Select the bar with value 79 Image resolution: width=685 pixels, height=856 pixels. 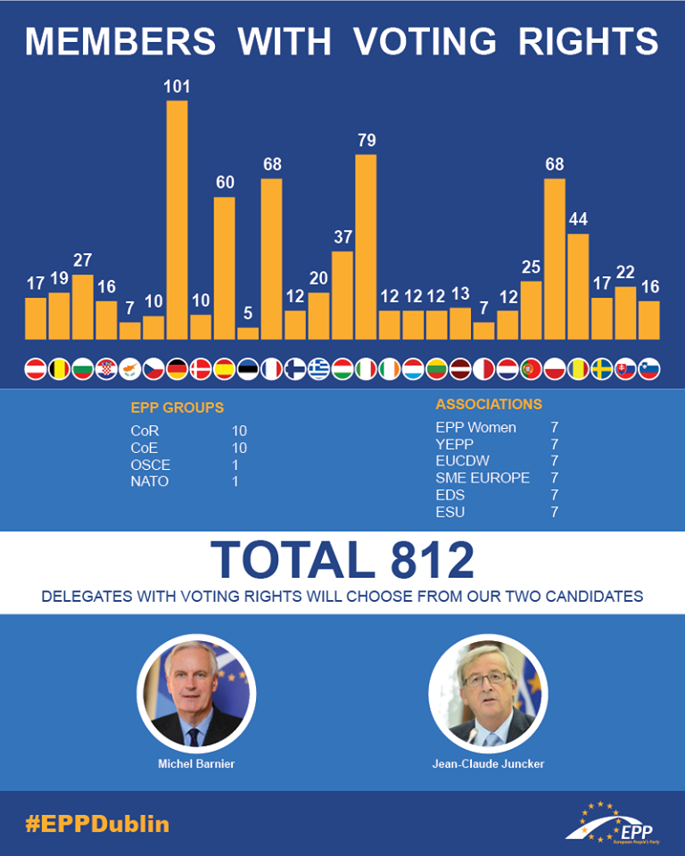366,247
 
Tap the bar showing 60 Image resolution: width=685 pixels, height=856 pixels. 225,267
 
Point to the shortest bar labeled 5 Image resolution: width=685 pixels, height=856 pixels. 248,333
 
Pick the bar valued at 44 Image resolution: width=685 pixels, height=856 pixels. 578,286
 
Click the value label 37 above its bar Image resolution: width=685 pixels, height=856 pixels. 342,237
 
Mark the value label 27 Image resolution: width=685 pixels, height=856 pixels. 83,260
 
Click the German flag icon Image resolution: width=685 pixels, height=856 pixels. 177,368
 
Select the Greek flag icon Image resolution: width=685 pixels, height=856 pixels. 318,368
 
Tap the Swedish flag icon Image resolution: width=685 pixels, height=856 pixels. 601,368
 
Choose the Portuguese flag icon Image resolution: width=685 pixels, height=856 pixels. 531,368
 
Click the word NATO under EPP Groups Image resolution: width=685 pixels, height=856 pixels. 149,481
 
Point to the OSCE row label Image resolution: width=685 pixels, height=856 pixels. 150,465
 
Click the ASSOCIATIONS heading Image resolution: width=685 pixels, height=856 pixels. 489,404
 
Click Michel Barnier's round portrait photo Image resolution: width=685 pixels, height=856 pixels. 196,693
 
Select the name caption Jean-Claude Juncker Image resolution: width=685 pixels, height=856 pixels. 488,763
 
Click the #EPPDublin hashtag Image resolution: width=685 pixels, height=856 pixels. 97,823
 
